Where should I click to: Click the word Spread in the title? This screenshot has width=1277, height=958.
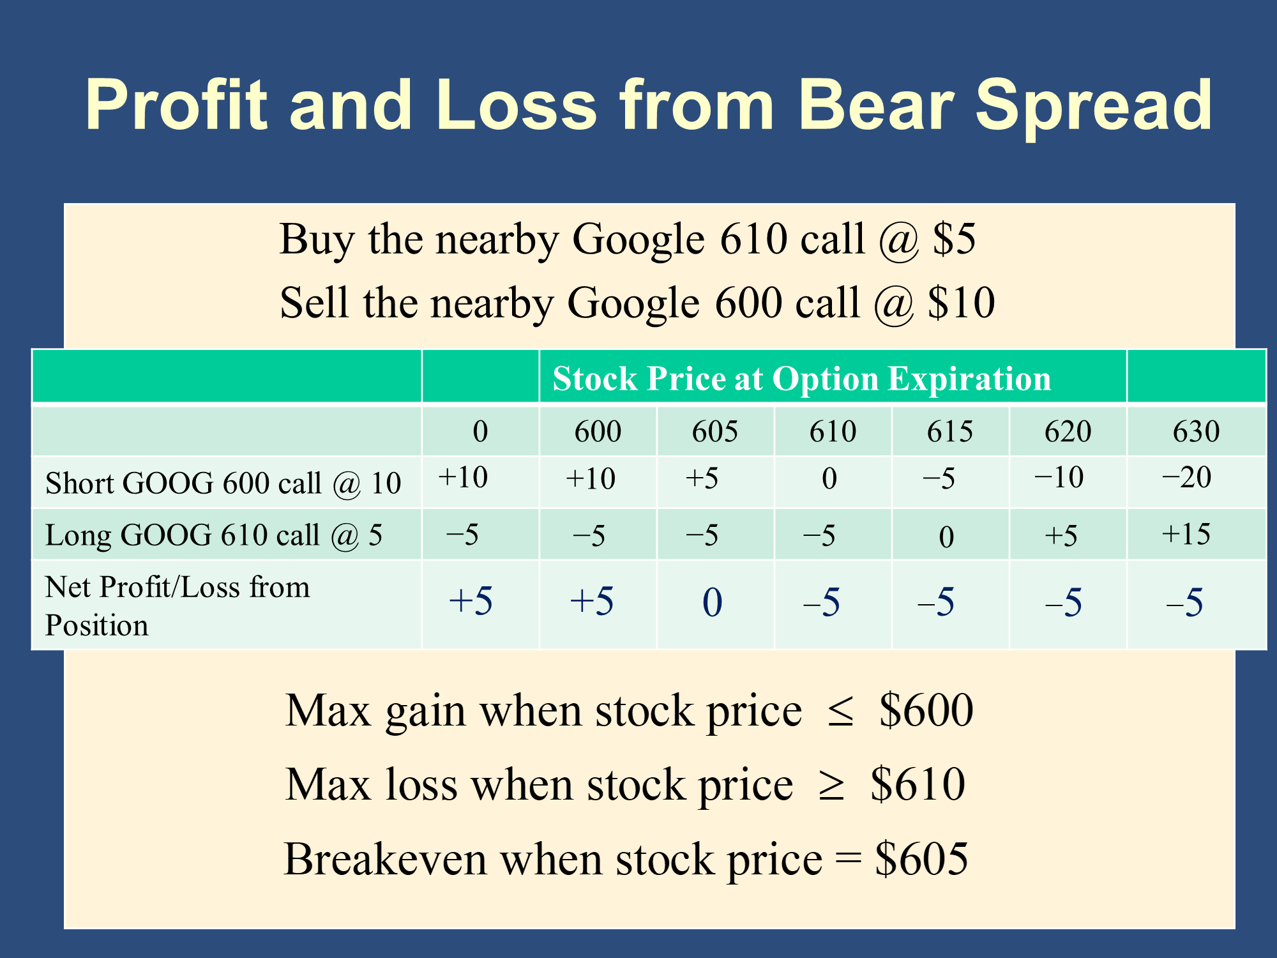[x=1093, y=109]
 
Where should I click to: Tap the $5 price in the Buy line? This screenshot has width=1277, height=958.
[x=954, y=240]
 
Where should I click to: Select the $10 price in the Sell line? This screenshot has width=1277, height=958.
[x=962, y=303]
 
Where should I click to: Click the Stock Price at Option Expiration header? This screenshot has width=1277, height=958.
[x=801, y=379]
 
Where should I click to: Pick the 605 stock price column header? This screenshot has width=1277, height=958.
[x=715, y=432]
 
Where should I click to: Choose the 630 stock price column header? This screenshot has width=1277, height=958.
[x=1196, y=432]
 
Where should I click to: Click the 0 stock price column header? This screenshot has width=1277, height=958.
[x=480, y=432]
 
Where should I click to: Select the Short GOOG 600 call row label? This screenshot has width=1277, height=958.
[x=223, y=483]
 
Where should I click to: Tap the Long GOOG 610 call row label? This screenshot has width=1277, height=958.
[x=214, y=535]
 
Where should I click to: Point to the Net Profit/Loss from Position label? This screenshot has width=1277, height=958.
[x=178, y=605]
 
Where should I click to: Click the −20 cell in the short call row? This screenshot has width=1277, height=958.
[x=1186, y=478]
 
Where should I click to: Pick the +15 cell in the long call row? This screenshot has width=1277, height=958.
[x=1186, y=535]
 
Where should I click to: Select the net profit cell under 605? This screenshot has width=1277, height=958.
[x=713, y=602]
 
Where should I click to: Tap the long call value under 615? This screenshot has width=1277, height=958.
[x=947, y=536]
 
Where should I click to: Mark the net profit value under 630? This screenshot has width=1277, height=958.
[x=1184, y=602]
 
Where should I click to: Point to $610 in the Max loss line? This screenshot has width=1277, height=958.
[x=918, y=784]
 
